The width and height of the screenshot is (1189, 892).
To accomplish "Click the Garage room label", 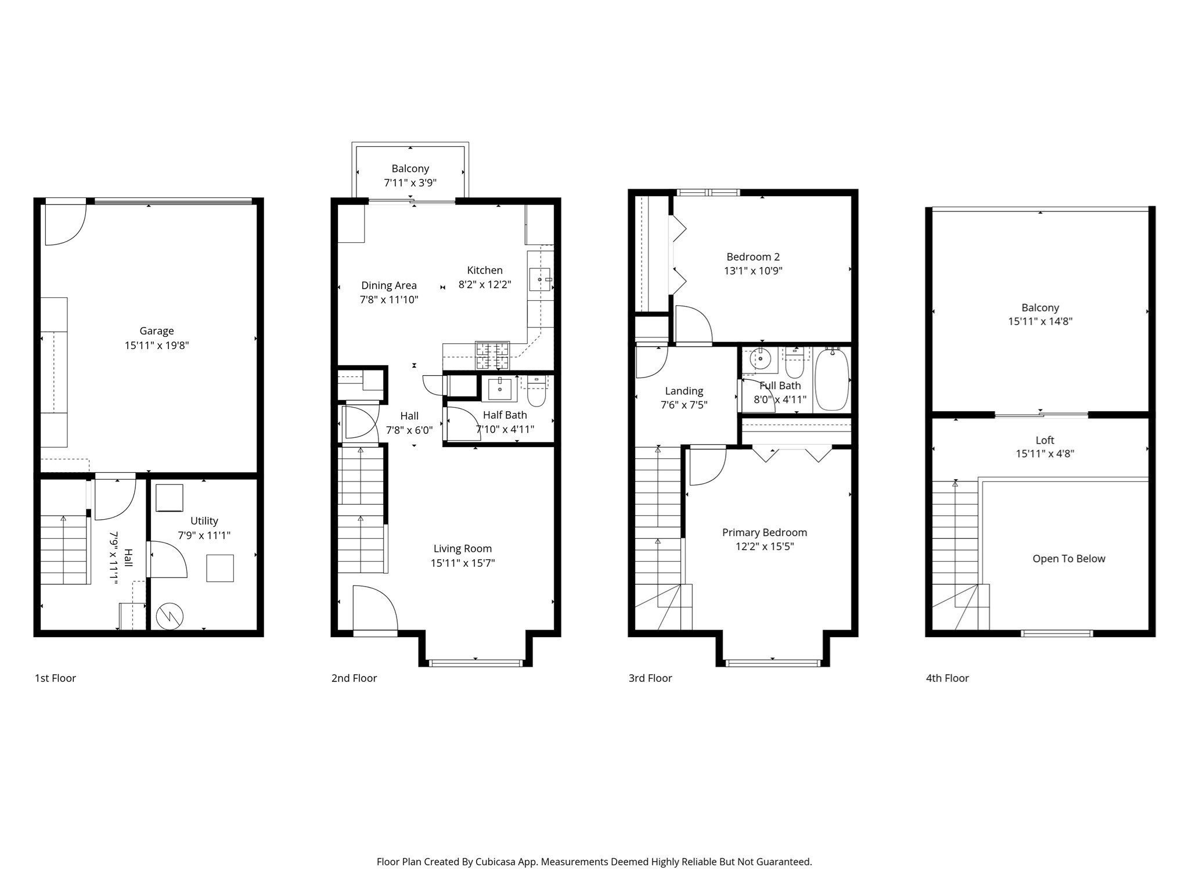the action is [157, 331].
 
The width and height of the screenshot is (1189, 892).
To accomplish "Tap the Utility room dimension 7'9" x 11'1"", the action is [204, 535].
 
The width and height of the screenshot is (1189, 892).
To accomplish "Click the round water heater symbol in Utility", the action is [170, 616].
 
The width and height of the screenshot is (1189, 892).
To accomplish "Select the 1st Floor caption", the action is [56, 678].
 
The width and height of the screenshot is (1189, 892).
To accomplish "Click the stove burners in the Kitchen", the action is [492, 355].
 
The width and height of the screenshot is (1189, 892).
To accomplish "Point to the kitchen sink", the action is [539, 279].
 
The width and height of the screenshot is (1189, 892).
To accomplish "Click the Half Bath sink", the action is [499, 389].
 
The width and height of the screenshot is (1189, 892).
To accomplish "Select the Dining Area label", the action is [389, 286].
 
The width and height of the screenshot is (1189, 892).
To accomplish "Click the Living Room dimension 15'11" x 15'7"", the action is [463, 563].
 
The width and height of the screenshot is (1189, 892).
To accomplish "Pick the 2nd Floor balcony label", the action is [410, 168].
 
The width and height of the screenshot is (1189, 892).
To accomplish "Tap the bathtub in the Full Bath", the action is [832, 379].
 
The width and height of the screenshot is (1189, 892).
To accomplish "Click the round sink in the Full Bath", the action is [760, 359].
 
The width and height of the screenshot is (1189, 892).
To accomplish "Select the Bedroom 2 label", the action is [754, 257].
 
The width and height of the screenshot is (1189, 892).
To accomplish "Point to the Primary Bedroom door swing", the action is [708, 465].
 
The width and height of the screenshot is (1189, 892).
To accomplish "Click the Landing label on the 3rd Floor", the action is [684, 391].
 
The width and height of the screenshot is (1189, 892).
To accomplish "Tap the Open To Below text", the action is [1069, 559].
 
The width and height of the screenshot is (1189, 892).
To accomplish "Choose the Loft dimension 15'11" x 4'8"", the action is [1045, 454].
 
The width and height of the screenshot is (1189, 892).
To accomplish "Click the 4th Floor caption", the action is [947, 678].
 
